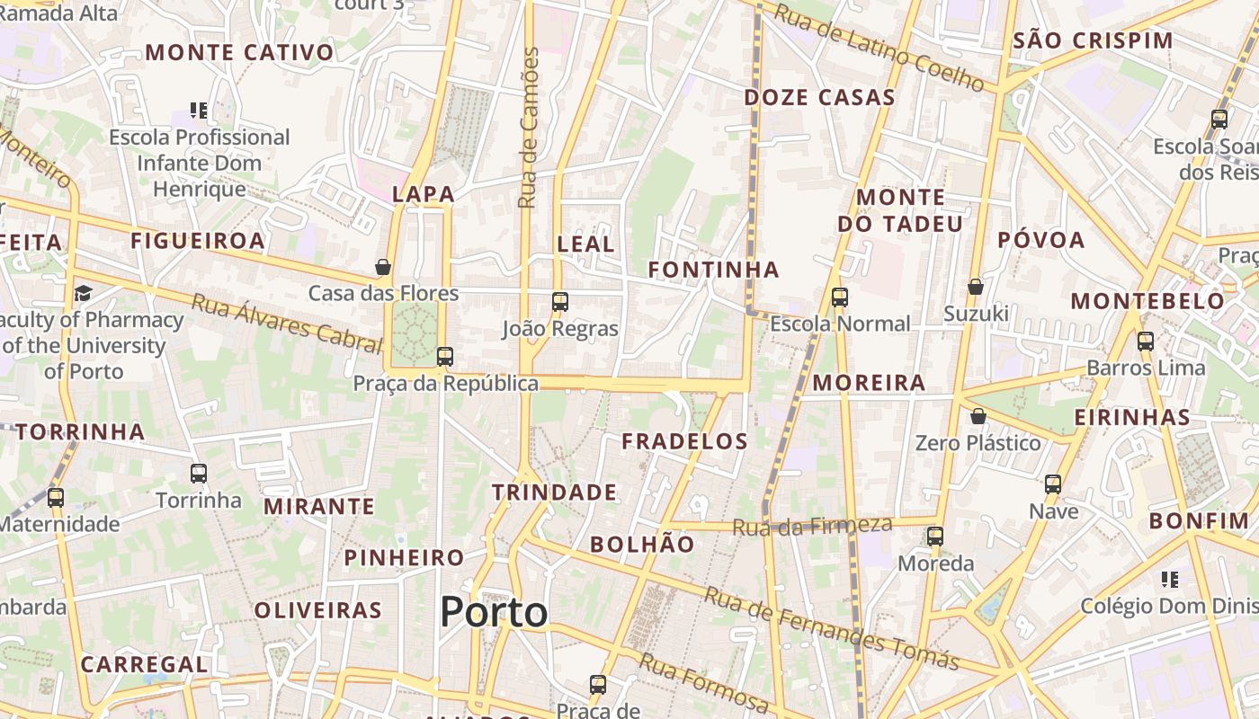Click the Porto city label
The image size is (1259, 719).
point(494,612)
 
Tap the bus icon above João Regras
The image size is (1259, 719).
point(559,302)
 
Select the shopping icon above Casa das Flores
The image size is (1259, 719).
point(383,267)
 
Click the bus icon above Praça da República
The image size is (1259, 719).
point(444,357)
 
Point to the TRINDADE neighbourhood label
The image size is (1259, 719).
point(554,493)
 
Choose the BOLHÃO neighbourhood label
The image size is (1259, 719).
point(642,545)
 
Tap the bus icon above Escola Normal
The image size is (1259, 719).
point(840,297)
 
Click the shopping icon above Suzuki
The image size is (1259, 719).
point(976,287)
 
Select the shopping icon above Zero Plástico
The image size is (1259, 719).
point(978,416)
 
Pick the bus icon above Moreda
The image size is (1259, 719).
point(935,537)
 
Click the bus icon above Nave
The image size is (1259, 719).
point(1053,484)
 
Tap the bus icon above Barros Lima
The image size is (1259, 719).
point(1145,342)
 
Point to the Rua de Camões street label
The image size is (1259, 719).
point(529,128)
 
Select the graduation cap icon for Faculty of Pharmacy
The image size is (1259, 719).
point(83,293)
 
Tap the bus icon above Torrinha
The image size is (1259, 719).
point(199,473)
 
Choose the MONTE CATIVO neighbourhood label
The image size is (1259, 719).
point(239,52)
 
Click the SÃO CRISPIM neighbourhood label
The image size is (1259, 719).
point(1093,40)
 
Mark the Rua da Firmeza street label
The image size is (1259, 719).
point(812,526)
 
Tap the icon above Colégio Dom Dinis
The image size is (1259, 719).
point(1169,579)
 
